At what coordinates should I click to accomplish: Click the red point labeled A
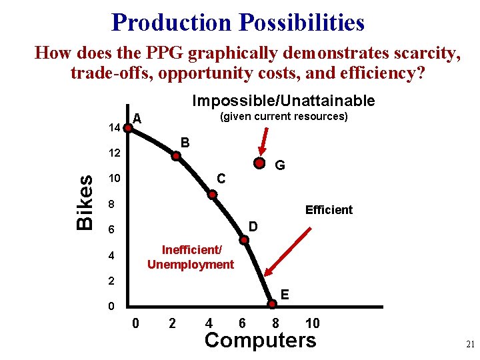coord(127,127)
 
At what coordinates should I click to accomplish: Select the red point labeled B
coord(177,156)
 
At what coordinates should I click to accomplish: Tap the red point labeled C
coord(213,195)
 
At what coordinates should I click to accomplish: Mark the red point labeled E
coord(273,305)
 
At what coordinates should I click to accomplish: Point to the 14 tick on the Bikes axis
coord(113,127)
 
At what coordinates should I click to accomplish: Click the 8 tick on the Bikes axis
coord(113,204)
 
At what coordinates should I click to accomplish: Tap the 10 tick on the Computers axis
coord(312,323)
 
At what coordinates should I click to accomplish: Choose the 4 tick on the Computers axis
coord(209,323)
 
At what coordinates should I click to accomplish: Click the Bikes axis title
coord(85,202)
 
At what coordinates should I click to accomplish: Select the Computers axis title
coord(260,340)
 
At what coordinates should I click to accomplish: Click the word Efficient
coord(329,210)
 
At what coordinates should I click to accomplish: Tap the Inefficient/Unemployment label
coord(190,257)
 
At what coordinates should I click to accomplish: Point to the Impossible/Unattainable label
coord(283,101)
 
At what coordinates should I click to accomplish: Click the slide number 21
coord(469,345)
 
